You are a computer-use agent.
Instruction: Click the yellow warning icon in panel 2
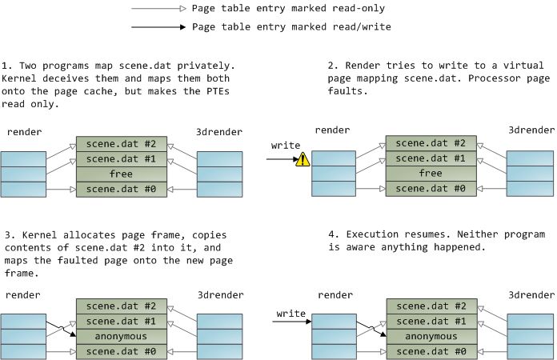pos(303,159)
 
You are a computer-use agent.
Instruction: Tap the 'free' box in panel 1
pos(121,174)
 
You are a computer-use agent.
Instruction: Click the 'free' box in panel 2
pos(431,174)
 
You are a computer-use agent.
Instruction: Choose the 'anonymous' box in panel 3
pos(121,337)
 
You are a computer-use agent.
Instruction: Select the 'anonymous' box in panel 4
pos(431,337)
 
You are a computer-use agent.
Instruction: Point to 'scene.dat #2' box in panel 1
pos(121,145)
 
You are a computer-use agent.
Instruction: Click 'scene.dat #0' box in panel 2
pos(431,189)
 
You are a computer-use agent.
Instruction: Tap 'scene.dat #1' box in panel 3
pos(121,322)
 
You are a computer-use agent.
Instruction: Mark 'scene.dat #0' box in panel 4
pos(431,352)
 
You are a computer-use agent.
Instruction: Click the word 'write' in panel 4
pos(290,313)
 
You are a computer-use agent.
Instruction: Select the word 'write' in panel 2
pos(286,146)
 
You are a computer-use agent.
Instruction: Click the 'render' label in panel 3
pos(22,295)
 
